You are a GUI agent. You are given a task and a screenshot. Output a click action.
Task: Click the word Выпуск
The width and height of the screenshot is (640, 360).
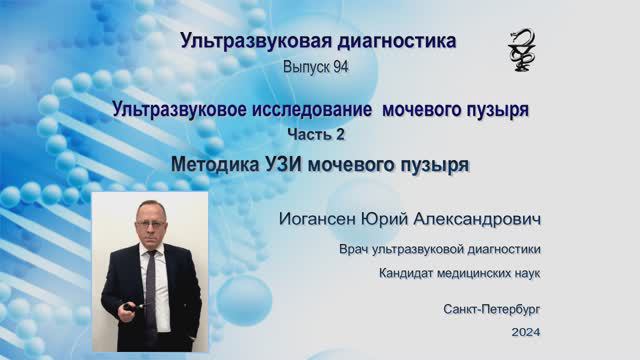click(306, 66)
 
